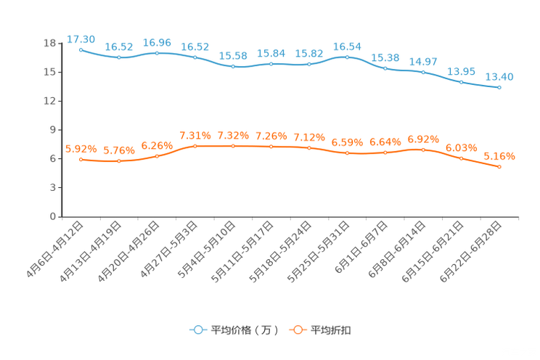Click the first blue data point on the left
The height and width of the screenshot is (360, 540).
tap(81, 49)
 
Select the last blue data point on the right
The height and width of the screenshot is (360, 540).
tap(499, 87)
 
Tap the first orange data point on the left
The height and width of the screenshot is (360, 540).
tap(81, 159)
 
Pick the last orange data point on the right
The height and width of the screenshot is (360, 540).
tap(499, 167)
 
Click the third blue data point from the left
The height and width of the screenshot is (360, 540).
tap(157, 53)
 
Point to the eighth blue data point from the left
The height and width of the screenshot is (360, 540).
tap(347, 57)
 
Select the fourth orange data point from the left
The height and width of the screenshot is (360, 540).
tap(195, 146)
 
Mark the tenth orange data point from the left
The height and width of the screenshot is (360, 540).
tap(423, 150)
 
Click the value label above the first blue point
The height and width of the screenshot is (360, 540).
tap(81, 38)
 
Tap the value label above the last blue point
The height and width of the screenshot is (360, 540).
tap(499, 76)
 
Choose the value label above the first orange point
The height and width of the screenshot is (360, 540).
tap(81, 149)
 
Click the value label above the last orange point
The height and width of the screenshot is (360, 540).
tap(499, 156)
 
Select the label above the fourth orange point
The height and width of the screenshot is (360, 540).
tap(195, 136)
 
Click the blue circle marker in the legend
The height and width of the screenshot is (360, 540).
tap(197, 330)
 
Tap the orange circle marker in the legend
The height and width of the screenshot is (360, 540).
tap(296, 330)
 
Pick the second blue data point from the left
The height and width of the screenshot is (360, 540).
tap(118, 57)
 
